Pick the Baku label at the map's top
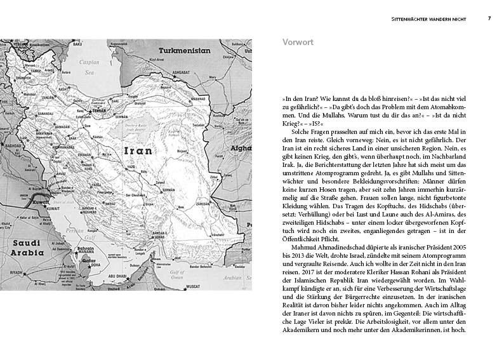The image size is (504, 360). [79, 46]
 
